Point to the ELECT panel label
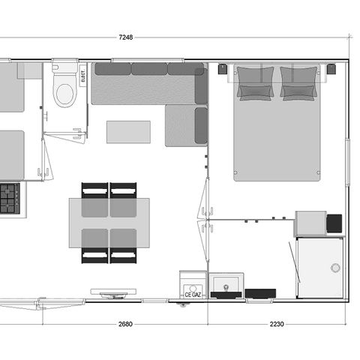click(82, 75)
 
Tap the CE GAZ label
click(193, 295)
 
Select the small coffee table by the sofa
click(128, 131)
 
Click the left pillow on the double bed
click(255, 82)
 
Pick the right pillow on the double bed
click(298, 82)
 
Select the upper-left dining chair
click(95, 190)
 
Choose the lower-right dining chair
click(123, 247)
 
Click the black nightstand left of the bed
click(223, 70)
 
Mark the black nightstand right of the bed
click(331, 70)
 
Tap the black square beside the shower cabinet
click(334, 223)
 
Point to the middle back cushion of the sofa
click(148, 69)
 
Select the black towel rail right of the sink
click(260, 292)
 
